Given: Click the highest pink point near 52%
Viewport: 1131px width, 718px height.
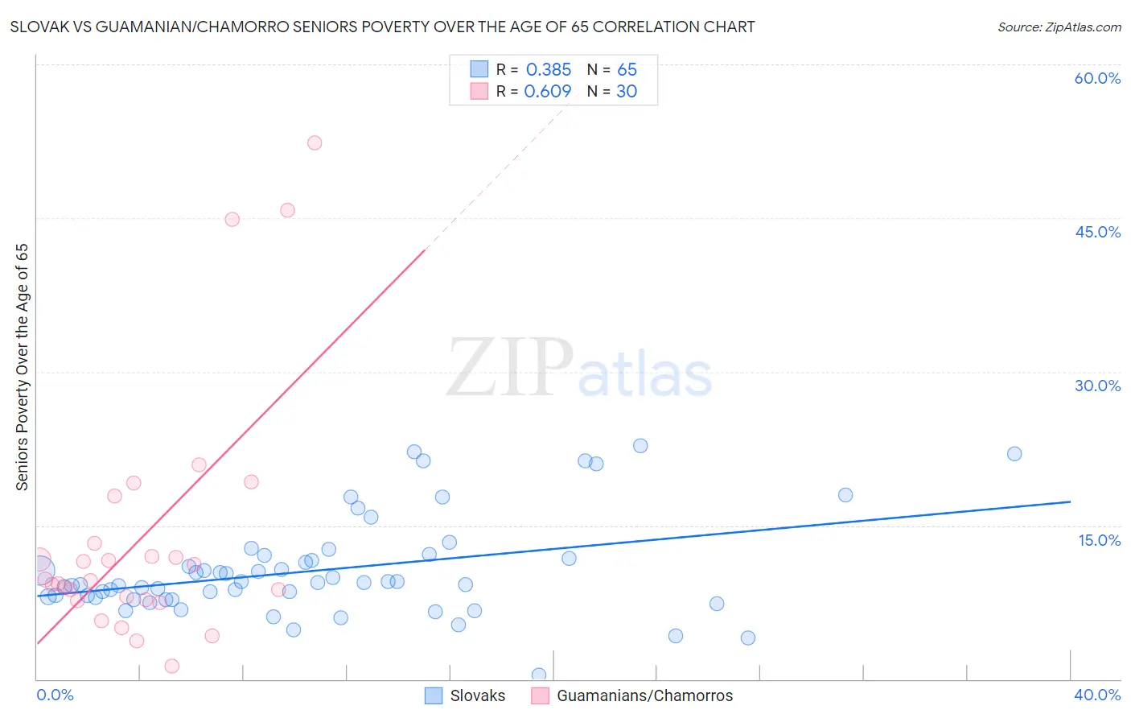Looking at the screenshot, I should [x=315, y=142].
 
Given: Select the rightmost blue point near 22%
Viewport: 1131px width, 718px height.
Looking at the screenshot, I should [x=1014, y=454].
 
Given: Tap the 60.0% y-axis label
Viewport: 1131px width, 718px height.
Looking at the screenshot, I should [x=1097, y=78].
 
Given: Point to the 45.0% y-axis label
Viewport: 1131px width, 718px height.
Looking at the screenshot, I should [x=1097, y=232].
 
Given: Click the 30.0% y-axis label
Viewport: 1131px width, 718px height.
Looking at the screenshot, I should [x=1097, y=386].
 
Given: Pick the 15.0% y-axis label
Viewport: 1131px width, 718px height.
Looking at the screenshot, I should [x=1099, y=540].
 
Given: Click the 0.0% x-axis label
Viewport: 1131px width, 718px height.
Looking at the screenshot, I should [x=55, y=695].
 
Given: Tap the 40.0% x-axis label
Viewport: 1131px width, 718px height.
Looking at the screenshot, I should [x=1097, y=695].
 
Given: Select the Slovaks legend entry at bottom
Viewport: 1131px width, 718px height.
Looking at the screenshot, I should [x=466, y=695].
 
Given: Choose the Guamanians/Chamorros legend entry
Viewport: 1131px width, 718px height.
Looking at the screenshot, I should [x=632, y=695].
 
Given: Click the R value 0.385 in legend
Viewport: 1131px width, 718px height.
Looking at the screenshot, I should [x=549, y=70].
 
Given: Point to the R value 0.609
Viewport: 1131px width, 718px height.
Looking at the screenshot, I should [x=548, y=92].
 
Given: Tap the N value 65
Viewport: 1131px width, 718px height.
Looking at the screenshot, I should [x=627, y=70].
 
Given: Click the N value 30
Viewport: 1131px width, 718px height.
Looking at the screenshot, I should [x=627, y=92].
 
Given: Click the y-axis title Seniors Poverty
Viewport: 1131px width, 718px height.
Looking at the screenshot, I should [x=22, y=366].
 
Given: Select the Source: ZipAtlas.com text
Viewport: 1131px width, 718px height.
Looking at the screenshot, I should [x=1059, y=27].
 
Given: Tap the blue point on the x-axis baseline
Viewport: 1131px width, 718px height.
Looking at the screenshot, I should [x=539, y=675].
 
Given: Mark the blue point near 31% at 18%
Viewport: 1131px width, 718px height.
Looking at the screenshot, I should [x=845, y=495].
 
